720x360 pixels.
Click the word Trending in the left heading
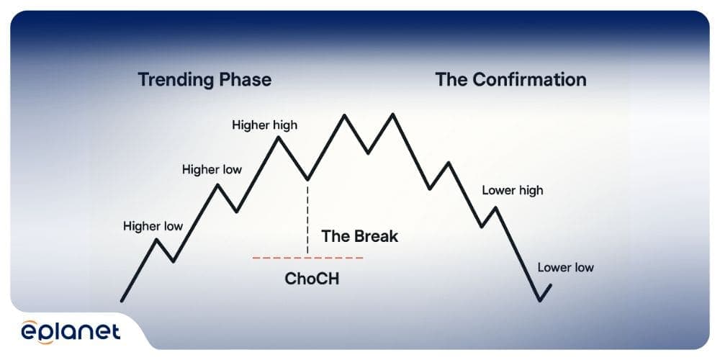click(171, 79)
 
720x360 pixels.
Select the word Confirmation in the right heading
click(529, 79)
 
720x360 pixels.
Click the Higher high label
click(264, 125)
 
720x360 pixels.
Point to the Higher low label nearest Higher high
click(212, 170)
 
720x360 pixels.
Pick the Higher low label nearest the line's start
click(153, 226)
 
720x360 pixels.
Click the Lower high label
click(513, 191)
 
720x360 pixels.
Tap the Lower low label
click(565, 268)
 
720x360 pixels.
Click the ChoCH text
click(312, 279)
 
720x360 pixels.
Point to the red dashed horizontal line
click(274, 257)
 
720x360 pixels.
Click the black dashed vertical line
click(307, 216)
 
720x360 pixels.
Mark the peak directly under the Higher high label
click(278, 137)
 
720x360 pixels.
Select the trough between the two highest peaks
click(368, 153)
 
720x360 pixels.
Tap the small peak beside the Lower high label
click(495, 208)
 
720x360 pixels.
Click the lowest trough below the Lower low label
click(539, 300)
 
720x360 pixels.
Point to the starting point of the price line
click(122, 300)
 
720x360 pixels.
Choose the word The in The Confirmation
click(451, 79)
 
